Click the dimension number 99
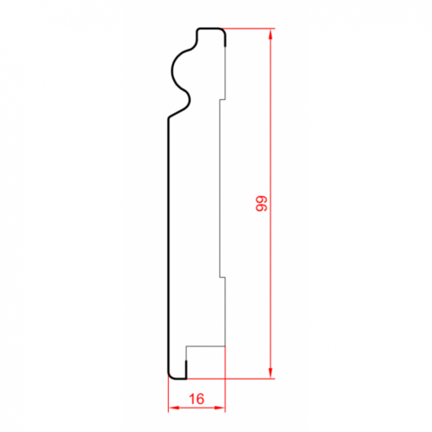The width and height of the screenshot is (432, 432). (261, 203)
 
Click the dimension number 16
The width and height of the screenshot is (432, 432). (197, 399)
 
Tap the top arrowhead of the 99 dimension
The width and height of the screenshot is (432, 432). (270, 34)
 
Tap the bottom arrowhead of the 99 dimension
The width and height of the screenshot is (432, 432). (270, 373)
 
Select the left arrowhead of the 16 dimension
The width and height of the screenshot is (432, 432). (174, 408)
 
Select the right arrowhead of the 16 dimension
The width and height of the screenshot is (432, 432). (219, 408)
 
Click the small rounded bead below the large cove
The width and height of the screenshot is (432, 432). (189, 99)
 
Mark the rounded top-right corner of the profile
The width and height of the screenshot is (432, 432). (224, 31)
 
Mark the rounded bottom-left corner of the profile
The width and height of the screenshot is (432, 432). (170, 377)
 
